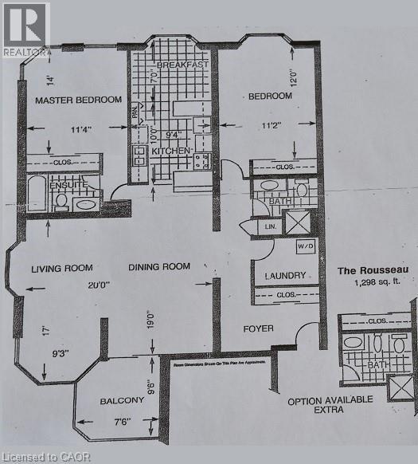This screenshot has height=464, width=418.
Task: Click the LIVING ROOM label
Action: coord(62,268)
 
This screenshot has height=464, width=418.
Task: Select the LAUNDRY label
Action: coord(284,276)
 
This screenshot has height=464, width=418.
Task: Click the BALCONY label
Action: coord(120,401)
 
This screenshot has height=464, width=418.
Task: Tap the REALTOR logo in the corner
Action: coord(25,29)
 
